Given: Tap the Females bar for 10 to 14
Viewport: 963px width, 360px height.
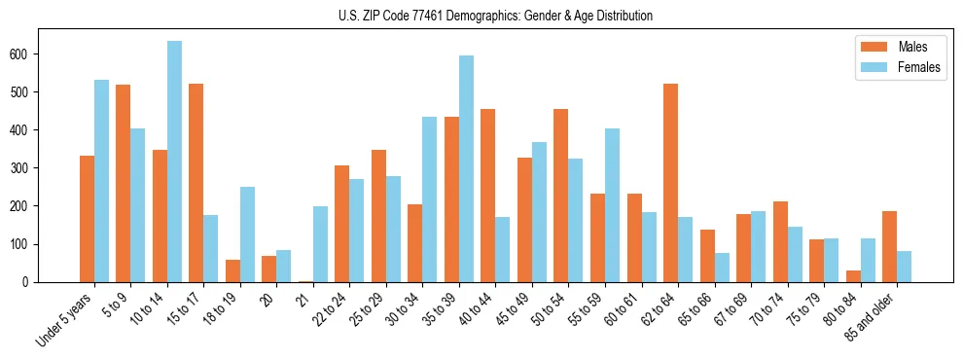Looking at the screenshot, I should pos(174,162).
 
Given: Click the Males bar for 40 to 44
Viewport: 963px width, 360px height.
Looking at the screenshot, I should pos(487,196).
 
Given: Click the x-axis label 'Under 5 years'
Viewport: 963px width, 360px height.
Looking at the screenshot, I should pos(66,319).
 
